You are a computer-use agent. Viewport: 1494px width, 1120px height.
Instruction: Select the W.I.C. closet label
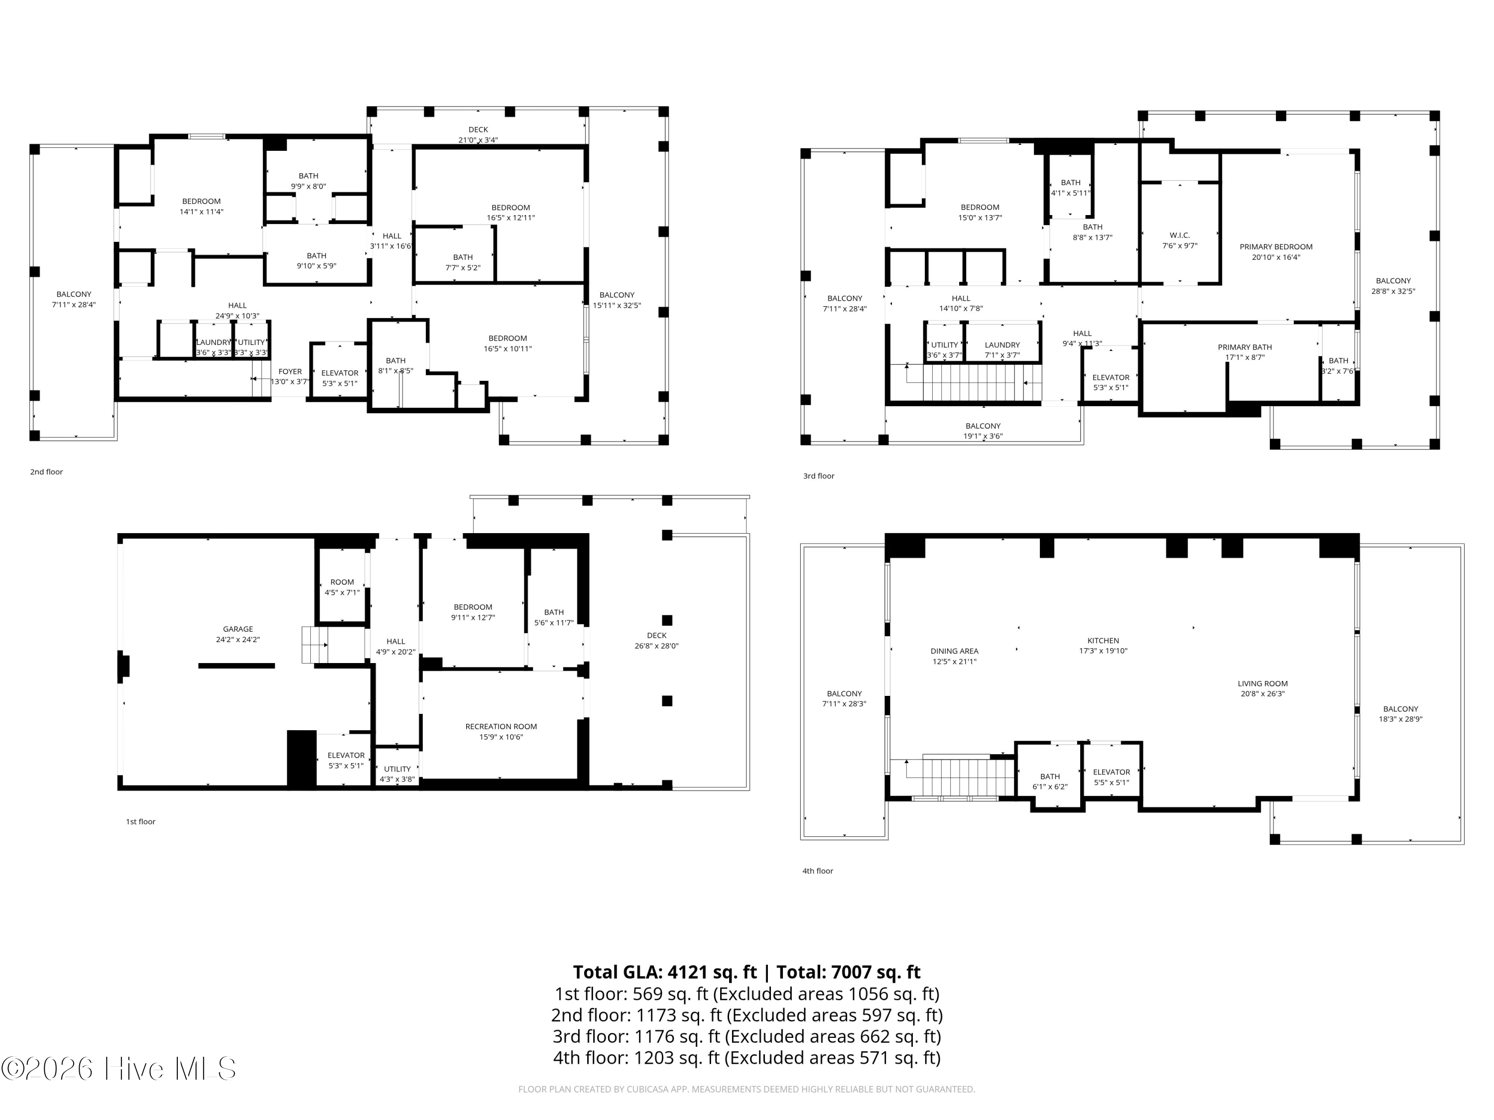point(1179,235)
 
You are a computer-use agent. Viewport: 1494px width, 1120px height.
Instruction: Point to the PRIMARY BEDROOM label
point(1275,247)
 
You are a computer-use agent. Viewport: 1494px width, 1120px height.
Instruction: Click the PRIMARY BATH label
point(1244,347)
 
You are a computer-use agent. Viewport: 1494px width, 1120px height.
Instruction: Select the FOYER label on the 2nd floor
point(290,371)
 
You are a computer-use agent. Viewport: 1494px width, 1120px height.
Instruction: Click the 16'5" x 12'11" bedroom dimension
point(510,218)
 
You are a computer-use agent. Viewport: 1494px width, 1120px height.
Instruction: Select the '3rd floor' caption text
point(819,476)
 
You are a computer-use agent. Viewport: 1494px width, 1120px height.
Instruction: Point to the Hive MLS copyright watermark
point(118,1069)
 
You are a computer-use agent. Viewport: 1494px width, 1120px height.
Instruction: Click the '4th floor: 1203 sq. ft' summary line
point(747,1057)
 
